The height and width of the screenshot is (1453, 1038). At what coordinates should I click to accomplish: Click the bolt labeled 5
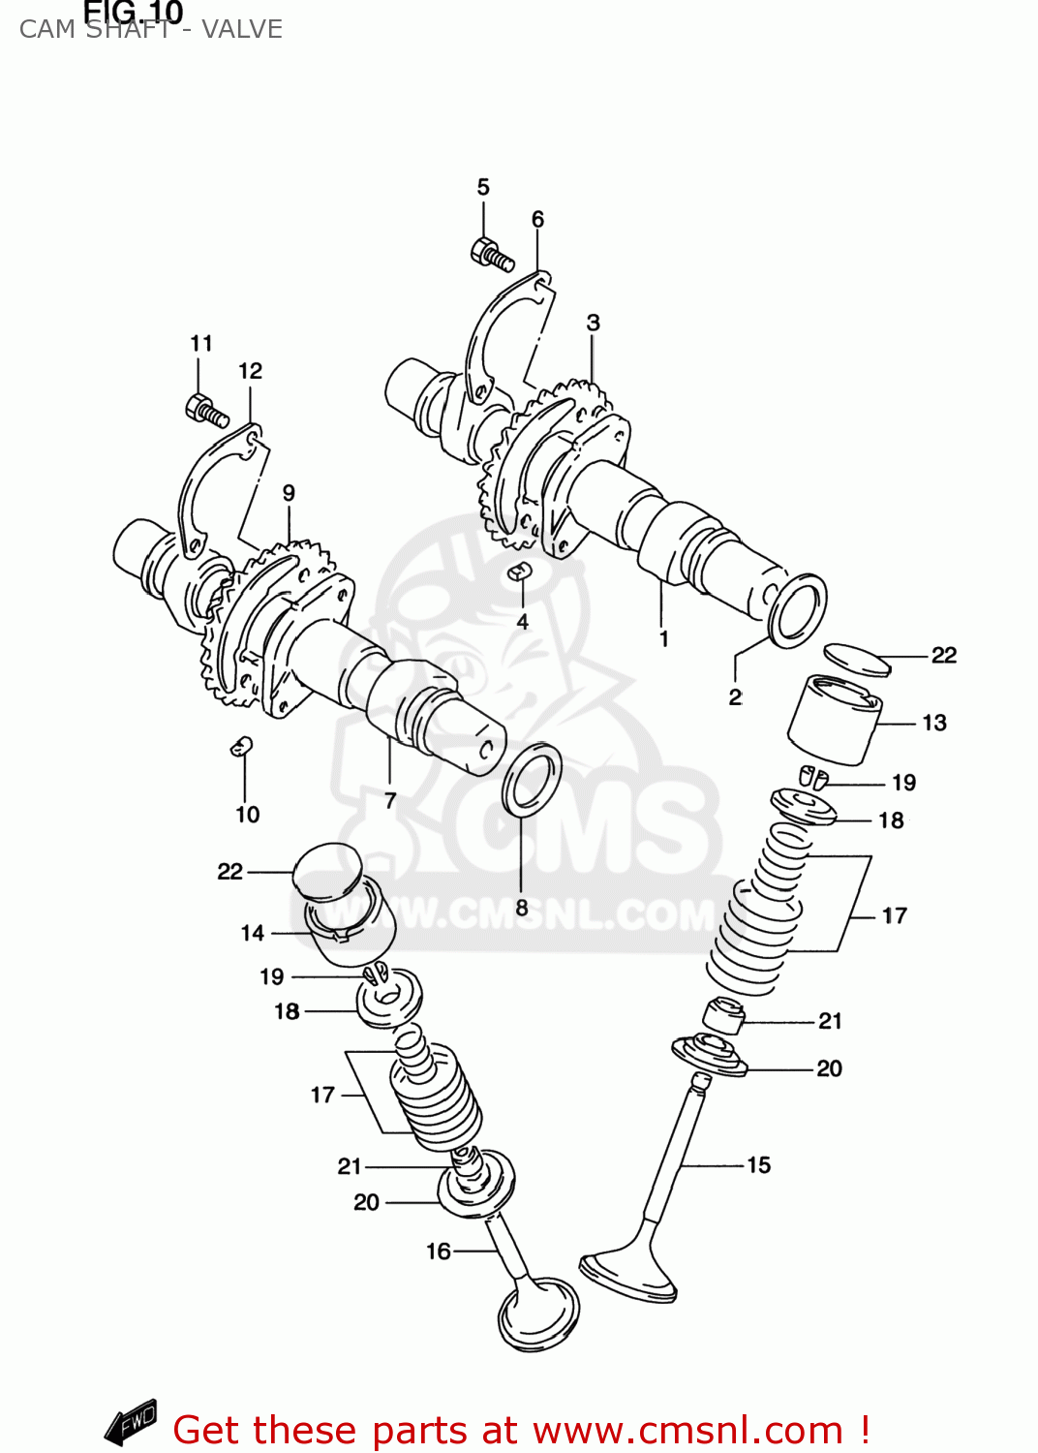(x=491, y=254)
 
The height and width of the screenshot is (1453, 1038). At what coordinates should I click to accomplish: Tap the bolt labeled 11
(x=205, y=410)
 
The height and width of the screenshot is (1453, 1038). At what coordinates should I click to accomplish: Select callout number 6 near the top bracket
(x=537, y=220)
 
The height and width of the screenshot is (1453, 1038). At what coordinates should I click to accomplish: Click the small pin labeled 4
(x=520, y=572)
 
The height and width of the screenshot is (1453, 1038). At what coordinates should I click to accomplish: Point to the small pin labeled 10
(x=241, y=746)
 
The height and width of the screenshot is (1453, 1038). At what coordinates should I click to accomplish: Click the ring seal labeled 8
(x=532, y=778)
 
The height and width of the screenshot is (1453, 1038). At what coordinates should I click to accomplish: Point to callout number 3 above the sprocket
(x=593, y=324)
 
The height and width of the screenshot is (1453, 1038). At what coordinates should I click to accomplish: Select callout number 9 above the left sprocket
(x=289, y=493)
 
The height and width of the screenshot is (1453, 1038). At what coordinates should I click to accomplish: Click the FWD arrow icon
(x=132, y=1422)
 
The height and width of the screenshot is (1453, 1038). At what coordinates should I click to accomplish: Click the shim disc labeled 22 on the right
(x=856, y=659)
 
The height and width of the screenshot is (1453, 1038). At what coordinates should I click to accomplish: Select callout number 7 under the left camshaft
(x=390, y=801)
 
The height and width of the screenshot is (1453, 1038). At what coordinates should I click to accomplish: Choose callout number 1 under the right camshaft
(x=663, y=639)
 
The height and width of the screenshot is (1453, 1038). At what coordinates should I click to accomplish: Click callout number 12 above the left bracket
(x=250, y=371)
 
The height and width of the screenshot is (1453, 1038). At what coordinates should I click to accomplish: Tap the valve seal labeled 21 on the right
(x=722, y=1015)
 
